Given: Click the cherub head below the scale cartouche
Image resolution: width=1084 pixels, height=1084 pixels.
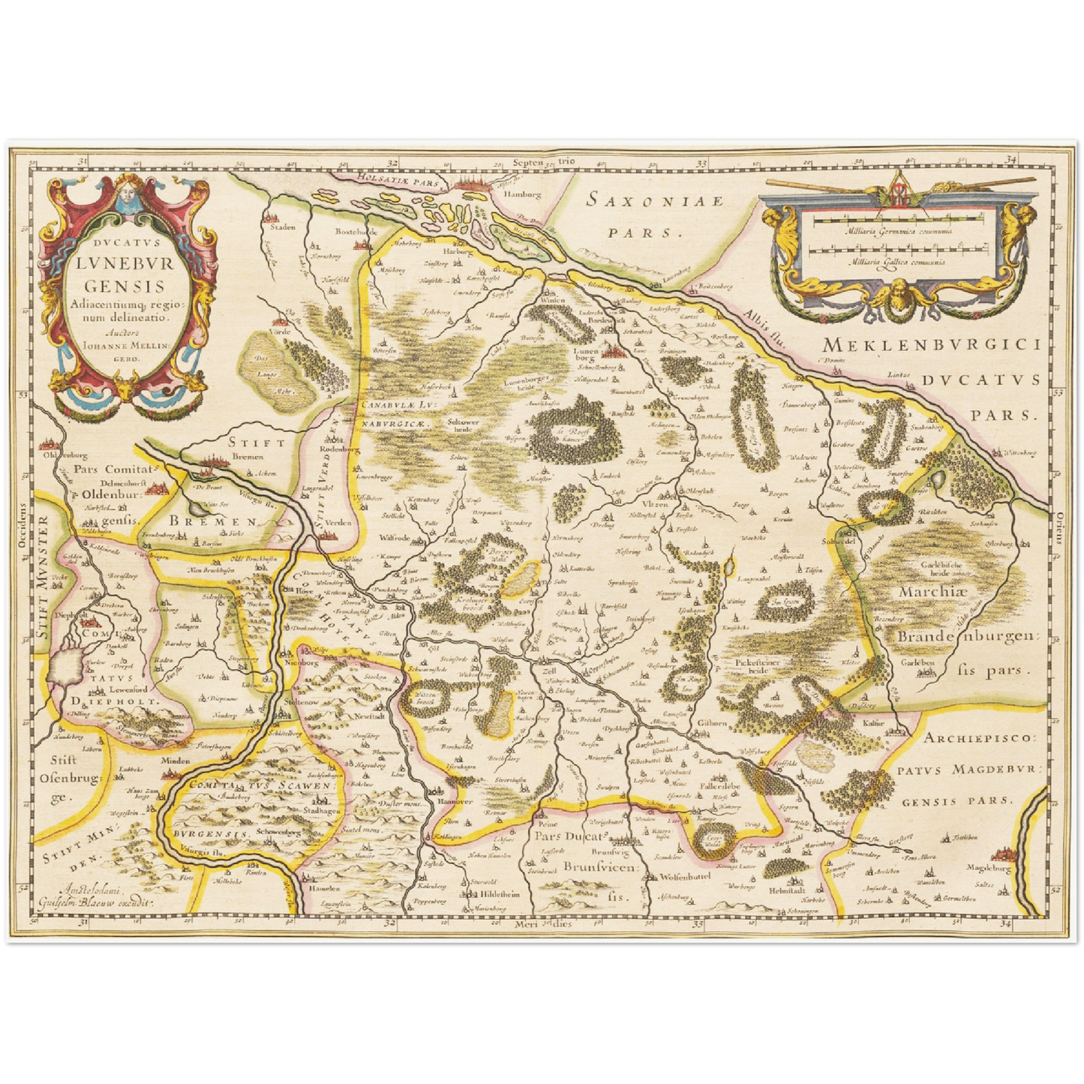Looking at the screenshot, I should pyautogui.click(x=898, y=293).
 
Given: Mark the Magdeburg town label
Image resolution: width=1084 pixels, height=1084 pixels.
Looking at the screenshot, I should pyautogui.click(x=989, y=869).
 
